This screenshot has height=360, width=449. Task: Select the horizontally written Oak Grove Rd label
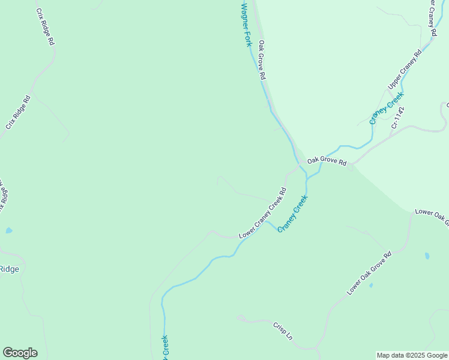[x=327, y=161]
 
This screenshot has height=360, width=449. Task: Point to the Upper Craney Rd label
[x=405, y=70]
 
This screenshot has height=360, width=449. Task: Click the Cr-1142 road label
[x=398, y=118]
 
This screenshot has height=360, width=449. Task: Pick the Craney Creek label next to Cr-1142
[x=387, y=108]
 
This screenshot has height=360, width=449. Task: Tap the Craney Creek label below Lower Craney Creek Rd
[x=293, y=214]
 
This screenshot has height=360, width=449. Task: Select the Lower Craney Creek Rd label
[x=262, y=214]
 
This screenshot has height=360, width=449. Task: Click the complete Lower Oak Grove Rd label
[x=369, y=272]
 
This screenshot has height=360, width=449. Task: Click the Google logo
[x=20, y=353]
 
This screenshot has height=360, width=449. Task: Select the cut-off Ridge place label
[x=9, y=269]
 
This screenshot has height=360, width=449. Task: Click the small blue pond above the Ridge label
[x=8, y=230]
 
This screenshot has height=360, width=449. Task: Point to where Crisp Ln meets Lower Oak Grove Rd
[x=316, y=348]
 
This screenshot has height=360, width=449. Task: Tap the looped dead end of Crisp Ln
[x=240, y=317]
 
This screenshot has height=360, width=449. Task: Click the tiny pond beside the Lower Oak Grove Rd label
[x=371, y=285]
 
